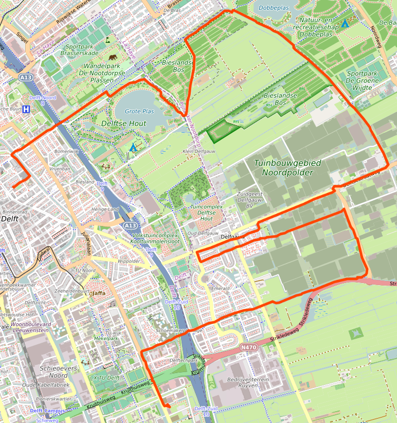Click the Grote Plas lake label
click(139, 111)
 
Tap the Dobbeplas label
click(274, 8)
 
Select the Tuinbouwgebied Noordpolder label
click(287, 168)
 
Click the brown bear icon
click(112, 58)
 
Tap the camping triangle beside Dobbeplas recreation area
click(345, 23)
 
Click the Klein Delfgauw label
click(197, 151)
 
